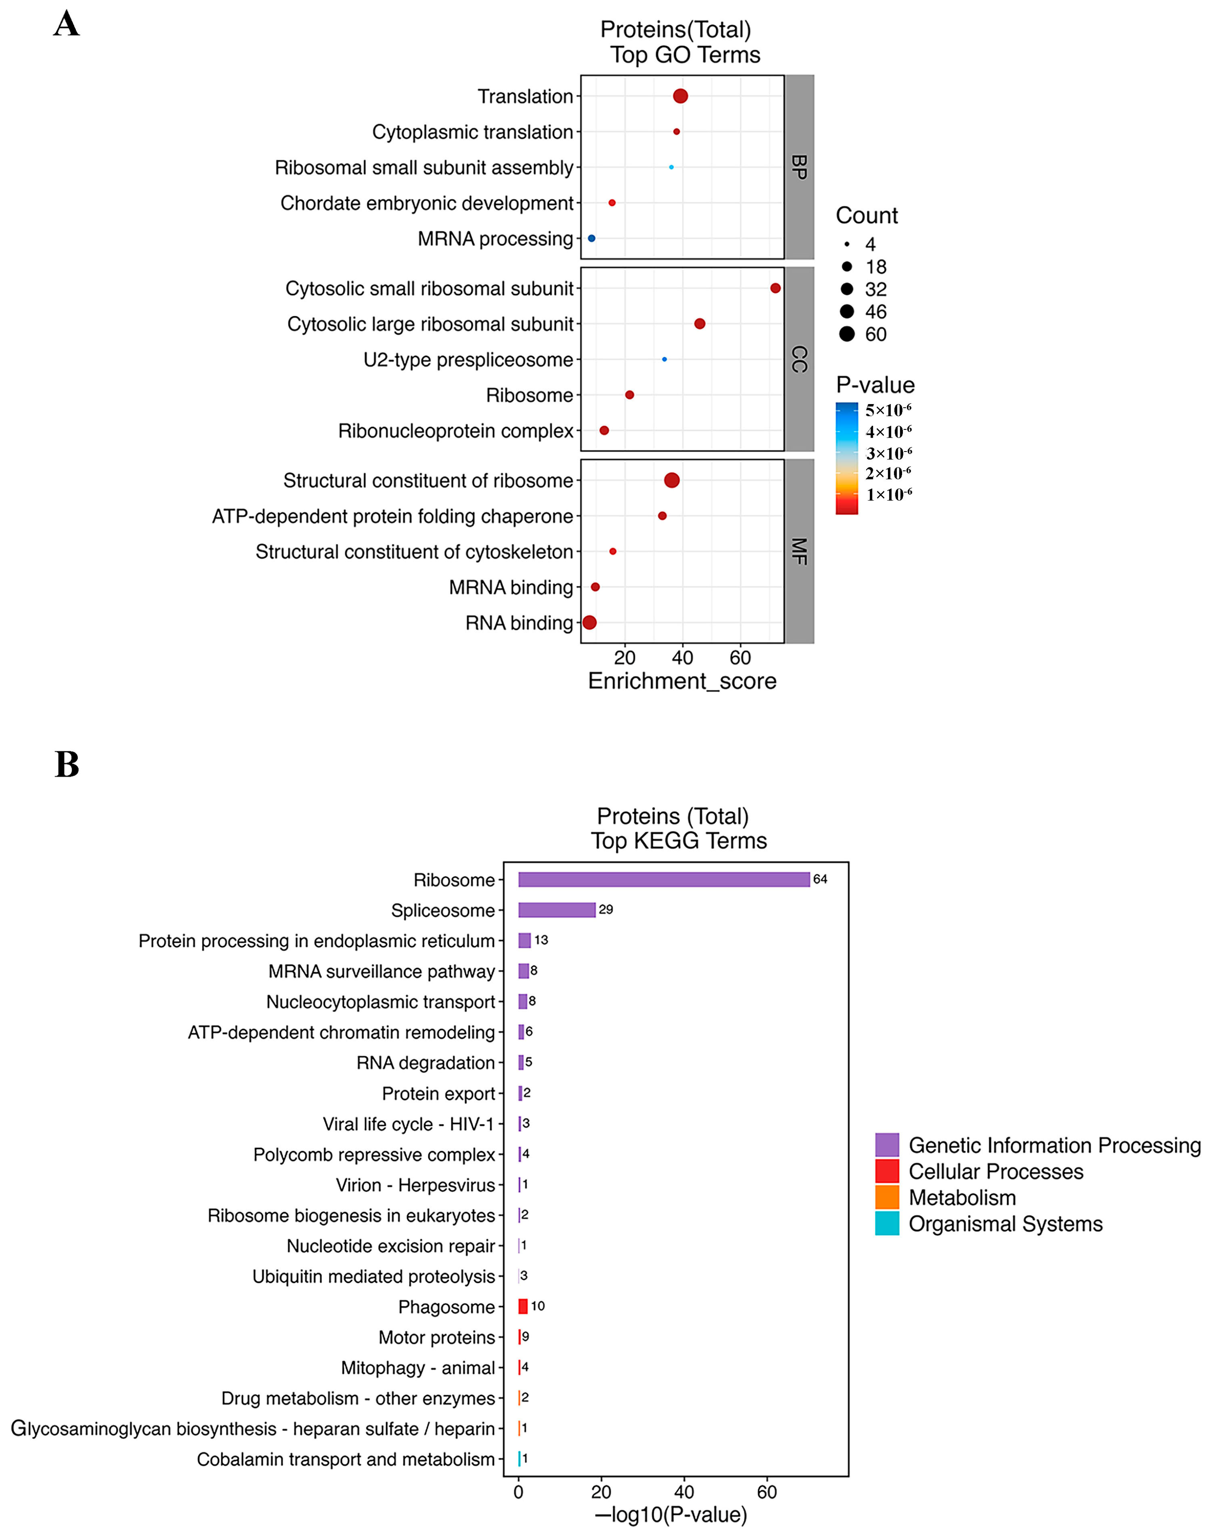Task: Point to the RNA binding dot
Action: point(589,623)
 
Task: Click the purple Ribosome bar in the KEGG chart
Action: point(664,880)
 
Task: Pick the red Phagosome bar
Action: point(523,1306)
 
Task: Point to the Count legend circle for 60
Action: point(846,334)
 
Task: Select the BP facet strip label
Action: point(799,167)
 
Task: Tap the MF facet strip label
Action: point(799,551)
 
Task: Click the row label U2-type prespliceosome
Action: point(468,360)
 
